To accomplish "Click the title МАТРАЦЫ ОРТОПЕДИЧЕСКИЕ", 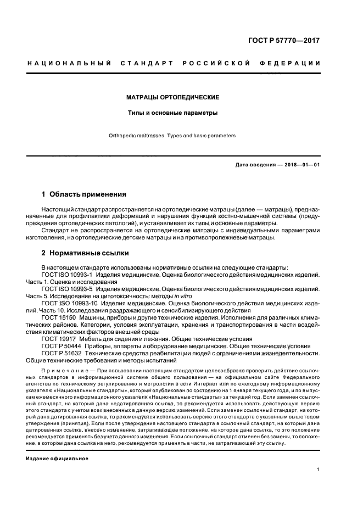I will tap(173, 97).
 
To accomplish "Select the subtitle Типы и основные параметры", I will tap(173, 113).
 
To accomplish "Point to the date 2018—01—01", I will tap(301, 165).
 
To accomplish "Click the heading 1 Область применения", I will tap(84, 194).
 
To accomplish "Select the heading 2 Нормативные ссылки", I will tap(86, 253).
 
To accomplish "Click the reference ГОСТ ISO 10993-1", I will tap(67, 273).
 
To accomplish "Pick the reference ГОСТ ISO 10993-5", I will tap(67, 288).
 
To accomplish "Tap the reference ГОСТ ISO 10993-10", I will tap(69, 303).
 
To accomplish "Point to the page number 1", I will tap(319, 470).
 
